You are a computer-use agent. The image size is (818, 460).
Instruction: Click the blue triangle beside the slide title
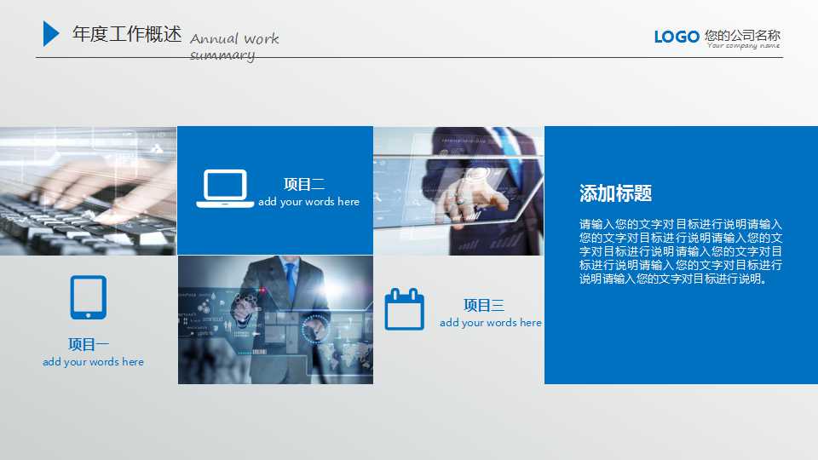click(50, 34)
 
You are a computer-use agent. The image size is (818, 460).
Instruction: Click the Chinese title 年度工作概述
click(127, 34)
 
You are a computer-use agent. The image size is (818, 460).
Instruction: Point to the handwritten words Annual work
click(234, 39)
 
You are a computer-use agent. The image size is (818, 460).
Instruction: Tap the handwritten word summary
click(222, 55)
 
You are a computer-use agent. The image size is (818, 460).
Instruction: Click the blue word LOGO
click(677, 37)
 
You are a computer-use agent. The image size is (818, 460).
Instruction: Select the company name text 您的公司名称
click(742, 35)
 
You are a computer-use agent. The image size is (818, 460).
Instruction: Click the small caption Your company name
click(743, 45)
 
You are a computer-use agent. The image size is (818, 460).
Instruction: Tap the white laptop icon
click(225, 188)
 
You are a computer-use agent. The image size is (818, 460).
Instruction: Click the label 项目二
click(304, 184)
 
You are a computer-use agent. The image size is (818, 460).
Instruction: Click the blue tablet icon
click(88, 297)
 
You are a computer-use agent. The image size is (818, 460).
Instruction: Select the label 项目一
click(89, 344)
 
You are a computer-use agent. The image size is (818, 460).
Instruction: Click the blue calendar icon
click(404, 308)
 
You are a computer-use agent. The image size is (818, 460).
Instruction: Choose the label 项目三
click(484, 305)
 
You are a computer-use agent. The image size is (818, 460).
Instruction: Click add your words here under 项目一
click(93, 362)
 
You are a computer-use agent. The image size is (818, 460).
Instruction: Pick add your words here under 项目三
click(491, 323)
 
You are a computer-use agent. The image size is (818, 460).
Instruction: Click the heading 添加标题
click(615, 193)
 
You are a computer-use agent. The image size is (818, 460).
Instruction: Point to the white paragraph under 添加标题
click(681, 251)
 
